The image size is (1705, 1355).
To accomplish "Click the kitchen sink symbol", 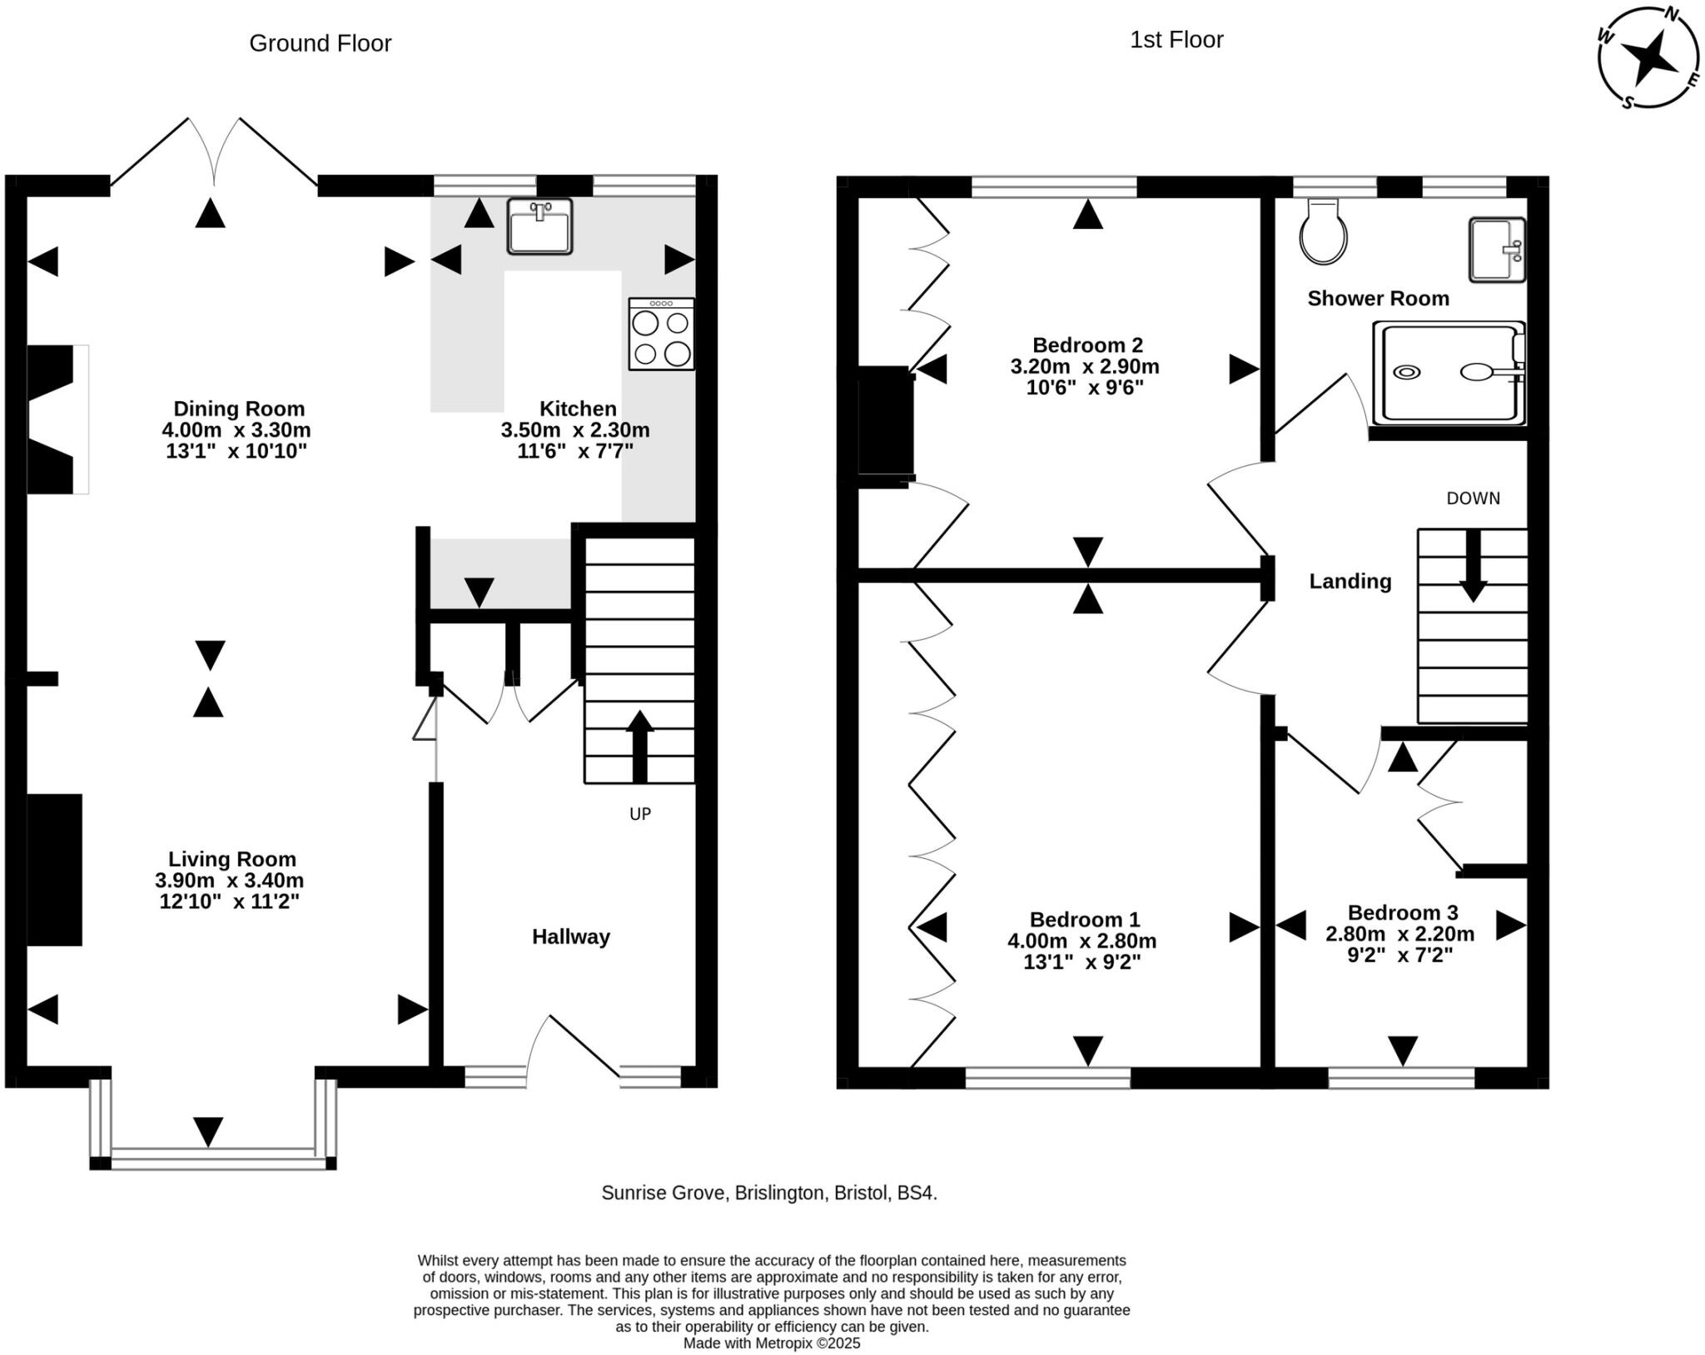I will pos(539,226).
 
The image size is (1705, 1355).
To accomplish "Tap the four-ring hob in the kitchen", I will pos(662,335).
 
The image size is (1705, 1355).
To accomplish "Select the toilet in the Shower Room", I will pos(1324,233).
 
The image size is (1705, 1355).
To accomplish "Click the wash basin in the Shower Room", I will pos(1497,250).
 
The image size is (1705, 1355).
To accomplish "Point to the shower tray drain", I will pos(1407,372).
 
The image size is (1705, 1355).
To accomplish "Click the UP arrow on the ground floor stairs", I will pos(639,746).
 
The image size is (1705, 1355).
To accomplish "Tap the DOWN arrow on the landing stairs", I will pos(1473,566).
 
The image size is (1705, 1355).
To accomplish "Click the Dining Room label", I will pos(239,409).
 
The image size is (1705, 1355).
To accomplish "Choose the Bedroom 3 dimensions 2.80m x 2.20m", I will pos(1399,934).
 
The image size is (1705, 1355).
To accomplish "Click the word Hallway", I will pos(571,937).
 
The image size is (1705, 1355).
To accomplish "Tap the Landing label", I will pos(1350,581).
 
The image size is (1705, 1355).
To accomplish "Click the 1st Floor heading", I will pos(1176,40).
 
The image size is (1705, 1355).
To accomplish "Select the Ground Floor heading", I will pos(320,43).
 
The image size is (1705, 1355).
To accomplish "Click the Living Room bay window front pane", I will pos(213,1159).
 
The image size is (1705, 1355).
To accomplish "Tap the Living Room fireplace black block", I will pos(55,870).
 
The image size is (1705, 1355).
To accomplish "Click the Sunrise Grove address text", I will pos(768,1193).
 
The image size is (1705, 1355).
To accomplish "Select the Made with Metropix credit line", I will pos(771,1343).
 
